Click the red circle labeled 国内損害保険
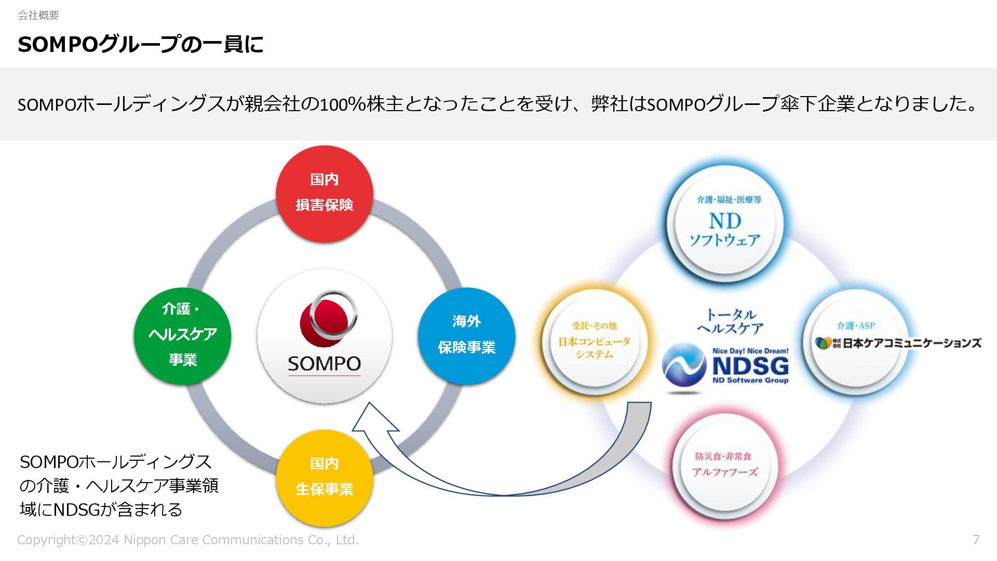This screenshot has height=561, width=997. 325,193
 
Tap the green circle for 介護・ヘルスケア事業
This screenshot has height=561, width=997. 182,336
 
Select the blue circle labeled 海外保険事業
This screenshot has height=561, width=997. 466,336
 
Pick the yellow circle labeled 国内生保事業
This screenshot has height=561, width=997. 325,477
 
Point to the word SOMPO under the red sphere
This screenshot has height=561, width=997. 325,364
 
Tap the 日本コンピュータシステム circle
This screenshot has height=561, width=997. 594,341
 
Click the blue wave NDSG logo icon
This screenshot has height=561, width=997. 683,367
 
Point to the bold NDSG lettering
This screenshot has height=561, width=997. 750,367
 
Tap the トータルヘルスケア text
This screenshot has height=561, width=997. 730,322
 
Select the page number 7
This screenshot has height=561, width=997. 976,540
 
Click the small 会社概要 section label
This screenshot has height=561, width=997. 38,15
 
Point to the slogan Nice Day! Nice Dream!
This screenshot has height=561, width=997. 750,351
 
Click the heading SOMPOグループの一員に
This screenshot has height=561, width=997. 140,45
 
